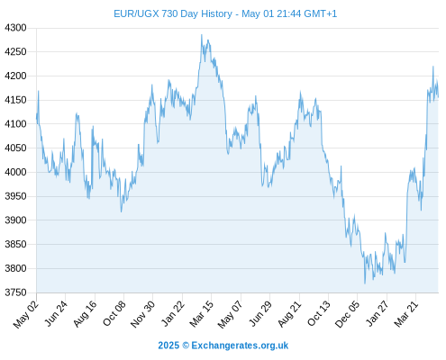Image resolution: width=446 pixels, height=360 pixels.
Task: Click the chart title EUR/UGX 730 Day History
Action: [x=173, y=13]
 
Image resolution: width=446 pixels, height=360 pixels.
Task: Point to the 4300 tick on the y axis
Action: [x=15, y=28]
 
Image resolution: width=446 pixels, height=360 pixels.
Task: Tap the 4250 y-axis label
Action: [x=15, y=52]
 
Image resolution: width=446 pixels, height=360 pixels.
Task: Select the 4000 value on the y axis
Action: [x=15, y=172]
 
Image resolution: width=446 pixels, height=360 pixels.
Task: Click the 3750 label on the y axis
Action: [x=15, y=292]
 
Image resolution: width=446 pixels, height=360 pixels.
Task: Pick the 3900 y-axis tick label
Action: [x=15, y=220]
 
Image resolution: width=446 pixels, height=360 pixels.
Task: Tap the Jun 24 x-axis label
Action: [x=56, y=313]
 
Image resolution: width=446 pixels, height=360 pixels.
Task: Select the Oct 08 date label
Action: [x=114, y=313]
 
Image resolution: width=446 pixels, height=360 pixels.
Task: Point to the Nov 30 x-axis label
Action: [x=143, y=314]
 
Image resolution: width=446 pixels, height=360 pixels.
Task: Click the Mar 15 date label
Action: [x=202, y=313]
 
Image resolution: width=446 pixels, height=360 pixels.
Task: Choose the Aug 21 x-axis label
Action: [x=289, y=313]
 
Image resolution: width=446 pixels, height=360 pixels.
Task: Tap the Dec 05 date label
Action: [x=347, y=314]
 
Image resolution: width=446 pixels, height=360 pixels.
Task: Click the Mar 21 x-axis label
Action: [x=406, y=313]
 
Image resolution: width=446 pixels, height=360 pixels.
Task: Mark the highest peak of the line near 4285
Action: [x=202, y=35]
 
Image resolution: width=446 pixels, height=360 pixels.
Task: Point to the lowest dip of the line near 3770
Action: [x=365, y=283]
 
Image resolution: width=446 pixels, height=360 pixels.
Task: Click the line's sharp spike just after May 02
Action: [x=39, y=91]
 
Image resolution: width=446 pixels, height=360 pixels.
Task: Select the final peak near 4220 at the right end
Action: [x=433, y=67]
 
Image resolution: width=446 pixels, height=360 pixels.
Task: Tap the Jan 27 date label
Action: [x=378, y=313]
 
